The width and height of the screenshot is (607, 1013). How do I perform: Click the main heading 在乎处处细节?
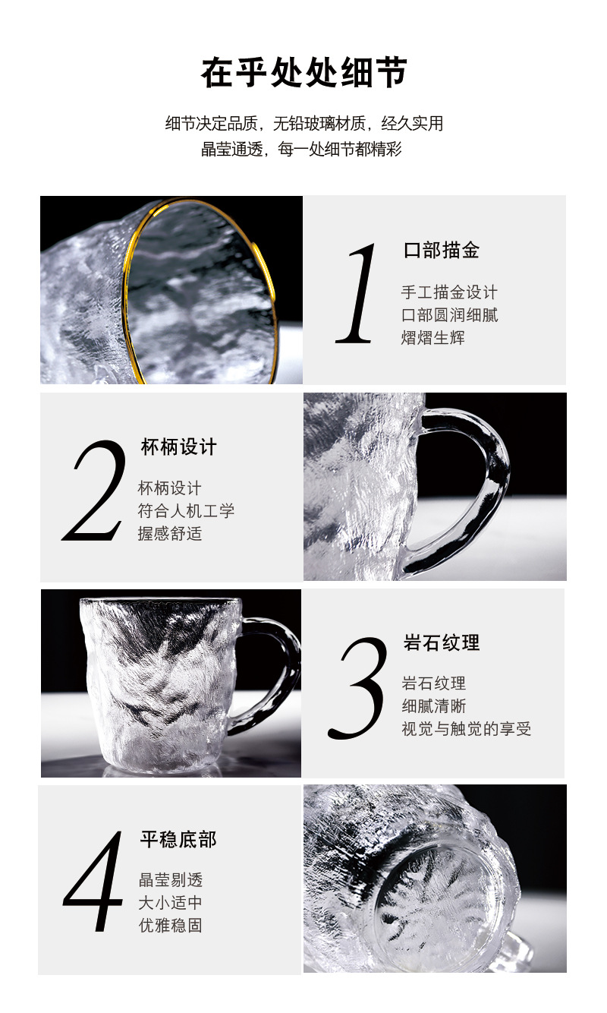(x=303, y=73)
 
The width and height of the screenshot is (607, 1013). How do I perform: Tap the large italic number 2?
(x=96, y=491)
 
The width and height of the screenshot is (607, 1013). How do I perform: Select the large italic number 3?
(x=359, y=687)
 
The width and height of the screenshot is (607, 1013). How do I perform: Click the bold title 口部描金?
(x=442, y=250)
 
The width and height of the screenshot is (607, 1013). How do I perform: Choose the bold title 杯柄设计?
(x=178, y=447)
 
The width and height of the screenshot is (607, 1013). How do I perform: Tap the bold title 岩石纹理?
(x=442, y=642)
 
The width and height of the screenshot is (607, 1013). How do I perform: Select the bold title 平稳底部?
(x=178, y=839)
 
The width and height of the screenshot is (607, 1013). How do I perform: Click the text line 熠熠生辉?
(x=432, y=337)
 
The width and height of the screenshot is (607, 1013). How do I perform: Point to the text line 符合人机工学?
(x=186, y=510)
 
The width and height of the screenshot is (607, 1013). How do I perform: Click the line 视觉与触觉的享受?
(x=466, y=729)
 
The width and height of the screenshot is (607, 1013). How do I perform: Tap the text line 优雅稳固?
(x=170, y=926)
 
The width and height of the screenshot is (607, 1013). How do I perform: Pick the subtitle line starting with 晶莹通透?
(x=301, y=149)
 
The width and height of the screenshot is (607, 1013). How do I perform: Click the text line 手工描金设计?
(x=449, y=292)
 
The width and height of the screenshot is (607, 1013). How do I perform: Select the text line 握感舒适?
(x=170, y=533)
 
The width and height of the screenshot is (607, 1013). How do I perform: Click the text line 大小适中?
(x=170, y=903)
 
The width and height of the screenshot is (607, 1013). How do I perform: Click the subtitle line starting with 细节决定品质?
(x=303, y=123)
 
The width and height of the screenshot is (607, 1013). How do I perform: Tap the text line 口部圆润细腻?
(x=449, y=315)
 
